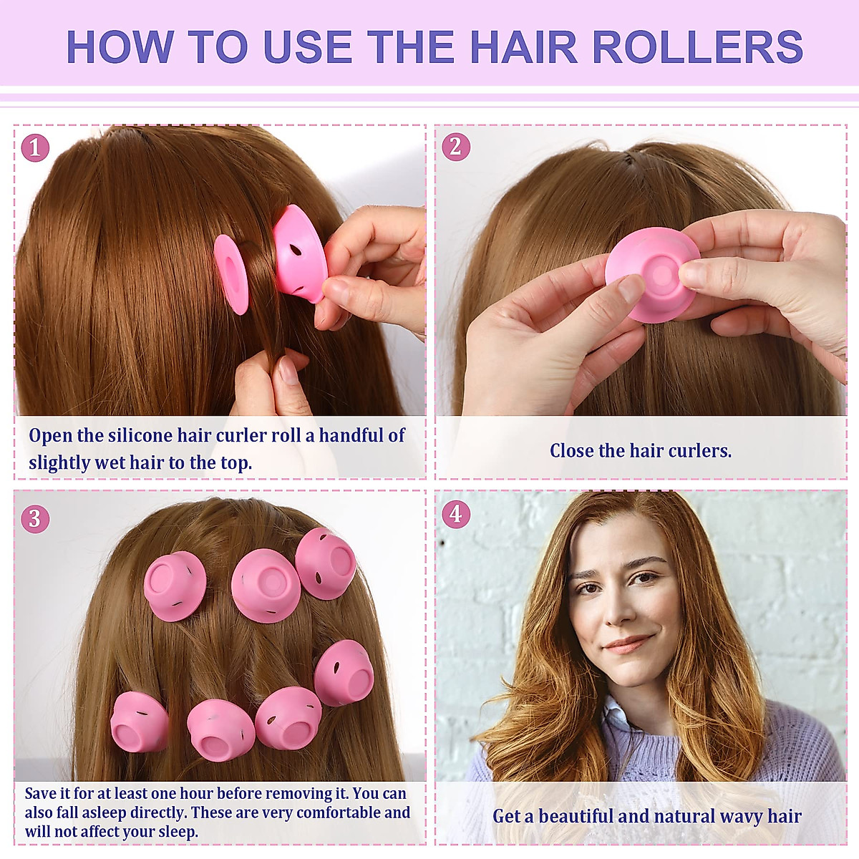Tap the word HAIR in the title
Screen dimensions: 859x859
(x=523, y=47)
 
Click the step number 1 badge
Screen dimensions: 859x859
(x=35, y=147)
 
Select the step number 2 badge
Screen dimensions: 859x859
(x=456, y=147)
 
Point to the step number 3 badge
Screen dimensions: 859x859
(x=35, y=518)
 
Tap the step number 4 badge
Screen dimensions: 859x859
(x=456, y=514)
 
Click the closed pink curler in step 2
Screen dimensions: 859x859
(x=651, y=274)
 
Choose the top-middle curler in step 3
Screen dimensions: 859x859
(x=265, y=586)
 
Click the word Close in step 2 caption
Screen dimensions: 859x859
(x=571, y=451)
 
